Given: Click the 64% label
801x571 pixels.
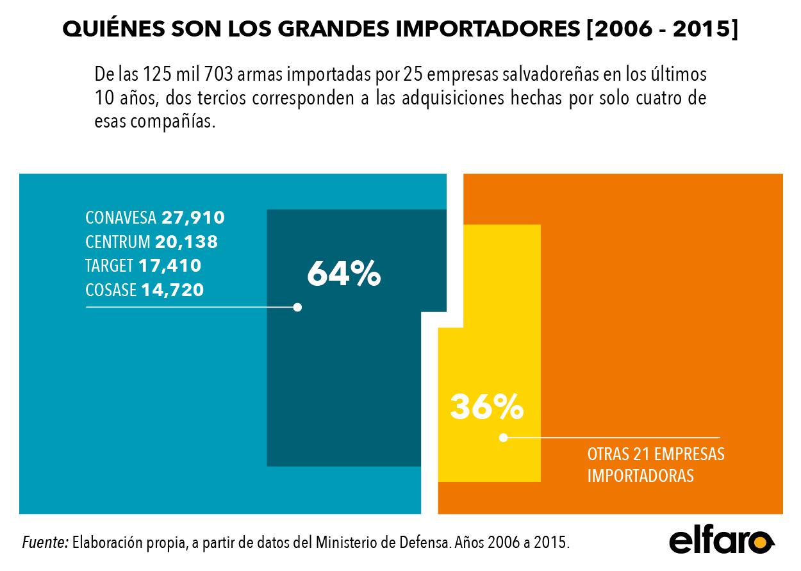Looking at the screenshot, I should pyautogui.click(x=344, y=274).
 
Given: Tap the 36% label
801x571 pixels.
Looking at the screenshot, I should pyautogui.click(x=486, y=406).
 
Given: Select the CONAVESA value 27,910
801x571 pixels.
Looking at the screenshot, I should pyautogui.click(x=193, y=218).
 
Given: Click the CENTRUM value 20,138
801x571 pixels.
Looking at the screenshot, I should pyautogui.click(x=186, y=242).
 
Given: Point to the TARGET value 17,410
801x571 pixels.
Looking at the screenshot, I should pyautogui.click(x=170, y=266).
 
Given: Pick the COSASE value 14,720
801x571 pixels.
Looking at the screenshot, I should pyautogui.click(x=172, y=290).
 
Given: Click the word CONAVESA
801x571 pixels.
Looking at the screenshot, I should pyautogui.click(x=120, y=218).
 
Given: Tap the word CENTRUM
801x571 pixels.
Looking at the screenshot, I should pyautogui.click(x=118, y=242).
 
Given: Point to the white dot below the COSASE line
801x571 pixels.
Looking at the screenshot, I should pyautogui.click(x=297, y=307).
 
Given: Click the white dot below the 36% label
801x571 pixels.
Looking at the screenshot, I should pyautogui.click(x=504, y=438).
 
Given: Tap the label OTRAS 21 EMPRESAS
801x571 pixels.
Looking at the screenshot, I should pyautogui.click(x=656, y=454).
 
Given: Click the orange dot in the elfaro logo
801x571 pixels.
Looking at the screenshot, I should pyautogui.click(x=760, y=543).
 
